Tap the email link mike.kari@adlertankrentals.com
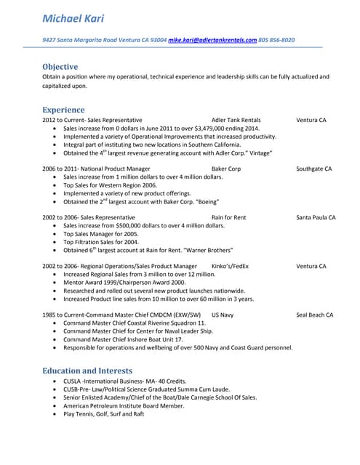(212, 40)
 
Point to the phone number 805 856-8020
(276, 40)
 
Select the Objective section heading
(60, 67)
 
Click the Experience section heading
(64, 110)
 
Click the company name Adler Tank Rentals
(236, 120)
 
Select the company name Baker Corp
(225, 169)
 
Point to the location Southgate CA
(314, 169)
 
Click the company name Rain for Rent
(228, 217)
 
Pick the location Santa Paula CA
(316, 217)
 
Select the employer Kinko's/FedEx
(230, 266)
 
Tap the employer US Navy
(222, 315)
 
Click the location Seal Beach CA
(314, 315)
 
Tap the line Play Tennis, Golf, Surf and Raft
(103, 413)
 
